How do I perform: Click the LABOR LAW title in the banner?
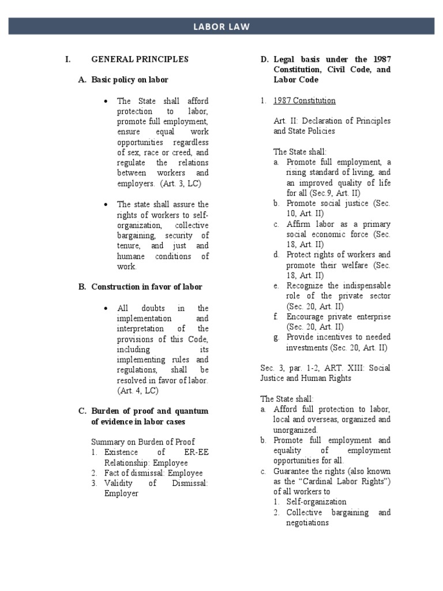tap(221, 26)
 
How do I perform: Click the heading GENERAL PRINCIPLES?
tap(140, 59)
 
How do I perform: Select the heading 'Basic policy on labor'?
tap(130, 80)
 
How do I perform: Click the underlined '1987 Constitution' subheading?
tap(304, 100)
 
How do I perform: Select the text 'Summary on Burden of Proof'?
tap(143, 442)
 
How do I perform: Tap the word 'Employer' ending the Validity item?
tap(121, 493)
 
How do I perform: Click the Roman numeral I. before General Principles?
tap(67, 59)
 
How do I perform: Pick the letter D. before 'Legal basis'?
tap(264, 59)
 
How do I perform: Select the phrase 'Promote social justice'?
tap(328, 204)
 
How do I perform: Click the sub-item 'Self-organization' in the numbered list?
tap(316, 502)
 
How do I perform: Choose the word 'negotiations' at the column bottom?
tap(307, 523)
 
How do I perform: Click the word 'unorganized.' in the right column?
tap(295, 430)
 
